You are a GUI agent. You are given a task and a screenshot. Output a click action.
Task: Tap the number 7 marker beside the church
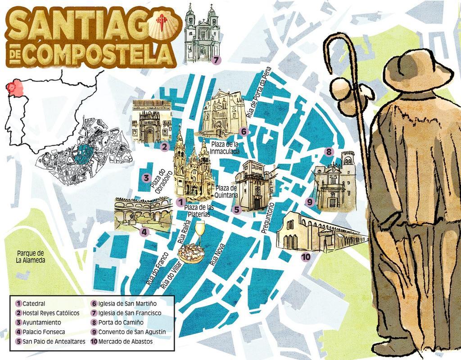[216, 59]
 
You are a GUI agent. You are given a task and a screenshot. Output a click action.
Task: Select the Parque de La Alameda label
[31, 256]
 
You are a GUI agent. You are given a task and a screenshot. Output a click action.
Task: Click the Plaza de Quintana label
[226, 191]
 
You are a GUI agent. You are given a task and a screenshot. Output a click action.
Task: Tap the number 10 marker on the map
[306, 257]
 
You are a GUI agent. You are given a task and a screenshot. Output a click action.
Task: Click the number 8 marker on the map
[329, 152]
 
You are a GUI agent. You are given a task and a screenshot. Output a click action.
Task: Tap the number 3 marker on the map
[146, 178]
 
